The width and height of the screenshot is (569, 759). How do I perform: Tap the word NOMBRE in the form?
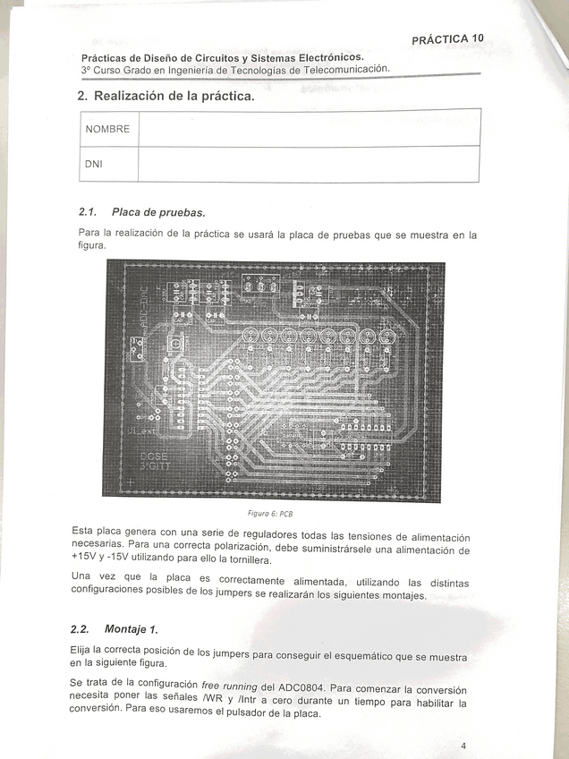tap(107, 129)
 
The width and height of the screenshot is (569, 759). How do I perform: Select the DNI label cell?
tap(94, 165)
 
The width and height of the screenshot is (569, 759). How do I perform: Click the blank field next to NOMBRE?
tap(309, 128)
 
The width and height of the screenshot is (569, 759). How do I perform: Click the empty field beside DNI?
tap(309, 165)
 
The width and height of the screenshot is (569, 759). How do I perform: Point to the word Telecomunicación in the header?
tap(345, 69)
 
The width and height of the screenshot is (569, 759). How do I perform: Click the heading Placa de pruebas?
tap(158, 212)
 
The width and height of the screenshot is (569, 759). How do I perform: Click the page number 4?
tap(463, 746)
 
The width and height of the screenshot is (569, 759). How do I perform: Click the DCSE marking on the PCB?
tap(154, 456)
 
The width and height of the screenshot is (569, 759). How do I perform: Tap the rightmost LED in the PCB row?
tap(387, 338)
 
